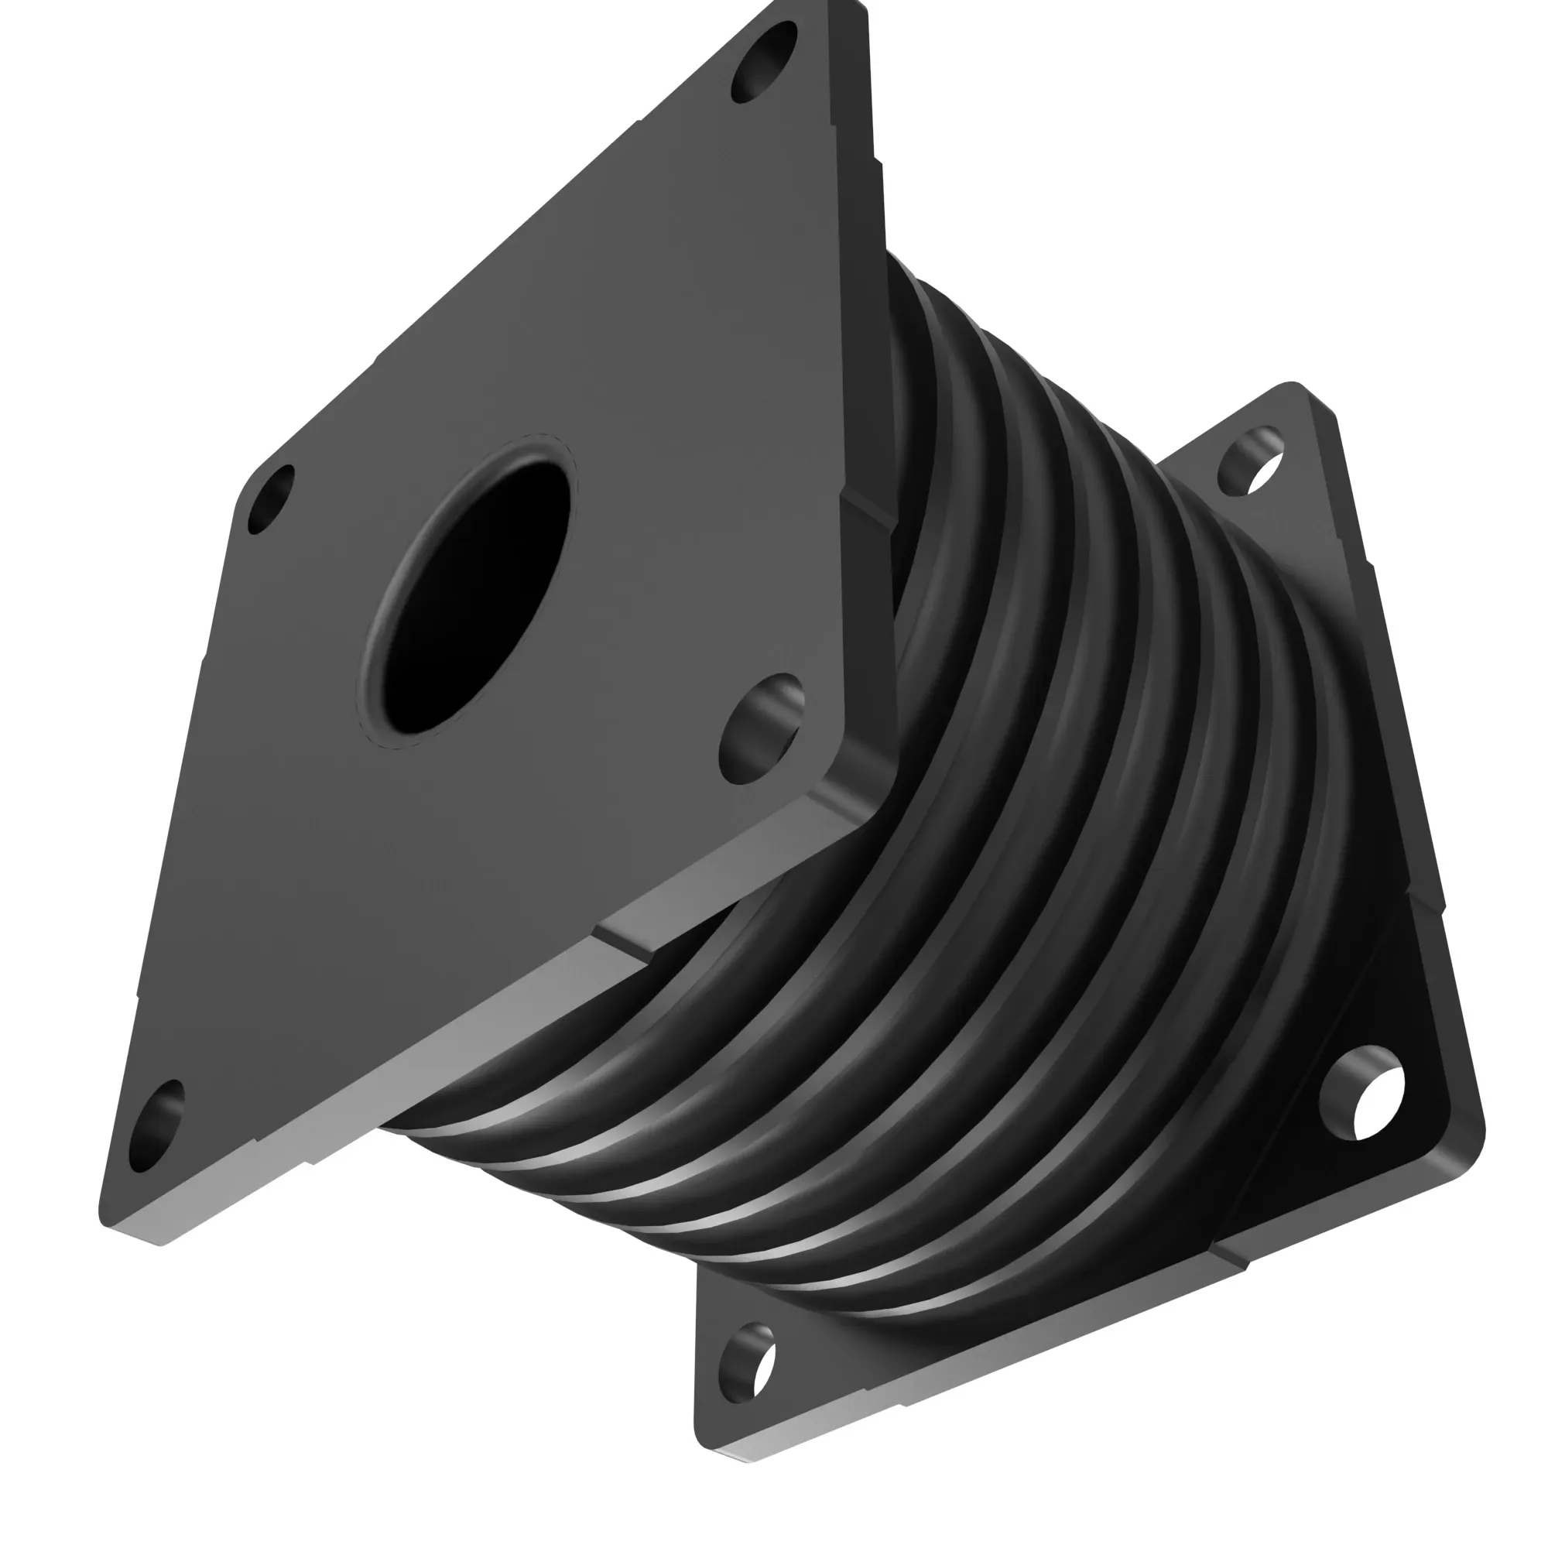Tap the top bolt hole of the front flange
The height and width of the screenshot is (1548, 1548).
765,63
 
